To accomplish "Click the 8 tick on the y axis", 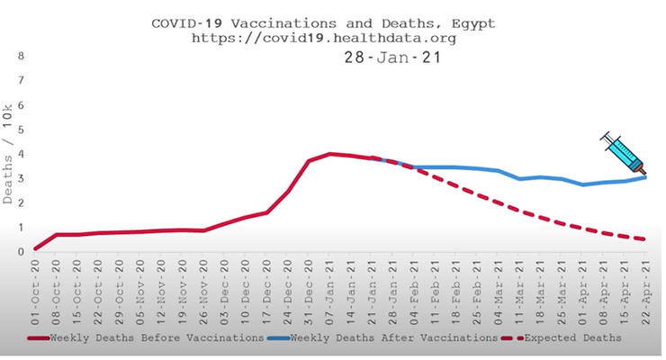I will click(20, 57).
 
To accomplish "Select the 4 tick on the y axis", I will click(20, 154).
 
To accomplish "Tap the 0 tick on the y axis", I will click(20, 251).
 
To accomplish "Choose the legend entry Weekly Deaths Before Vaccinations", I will click(153, 337).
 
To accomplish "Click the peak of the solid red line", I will click(330, 154).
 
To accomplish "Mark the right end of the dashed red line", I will click(644, 238).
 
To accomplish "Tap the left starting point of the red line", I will click(36, 248).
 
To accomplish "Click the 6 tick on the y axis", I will click(20, 105).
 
